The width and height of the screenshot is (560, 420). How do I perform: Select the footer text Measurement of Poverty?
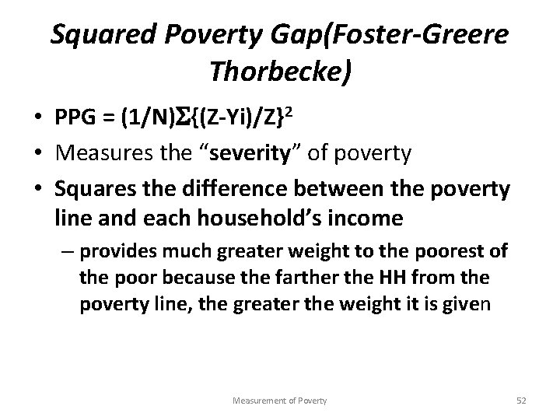(x=280, y=400)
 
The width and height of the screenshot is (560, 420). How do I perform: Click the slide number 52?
(x=521, y=400)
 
